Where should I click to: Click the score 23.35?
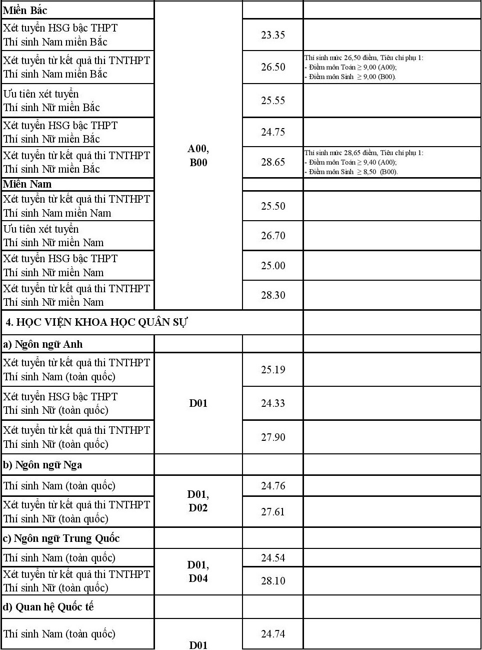coord(273,35)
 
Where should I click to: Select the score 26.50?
coord(273,67)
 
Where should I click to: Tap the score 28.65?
coord(273,162)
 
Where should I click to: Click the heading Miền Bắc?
coord(25,10)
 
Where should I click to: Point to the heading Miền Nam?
coord(27,184)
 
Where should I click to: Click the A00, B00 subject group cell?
coord(198,155)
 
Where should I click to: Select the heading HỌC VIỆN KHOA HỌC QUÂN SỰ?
coord(96,322)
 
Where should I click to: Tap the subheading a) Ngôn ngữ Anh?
coord(43,344)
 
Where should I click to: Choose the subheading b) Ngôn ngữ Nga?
coord(42,465)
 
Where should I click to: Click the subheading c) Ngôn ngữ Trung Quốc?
coord(61,538)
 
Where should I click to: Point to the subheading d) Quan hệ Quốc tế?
coord(48,607)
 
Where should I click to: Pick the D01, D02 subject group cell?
coord(198,501)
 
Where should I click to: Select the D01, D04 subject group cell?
coord(198,571)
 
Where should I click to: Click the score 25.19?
coord(273,370)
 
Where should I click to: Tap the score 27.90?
coord(273,437)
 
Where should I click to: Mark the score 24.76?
coord(273,486)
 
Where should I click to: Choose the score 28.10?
coord(273,581)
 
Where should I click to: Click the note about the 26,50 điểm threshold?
coord(363,67)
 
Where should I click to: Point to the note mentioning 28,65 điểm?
coord(363,162)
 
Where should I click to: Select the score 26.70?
coord(273,236)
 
